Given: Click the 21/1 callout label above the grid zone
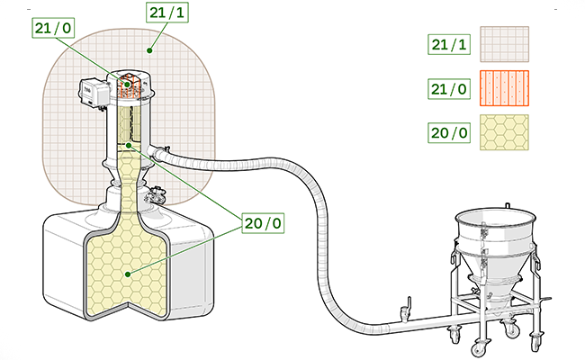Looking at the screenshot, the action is (x=167, y=13).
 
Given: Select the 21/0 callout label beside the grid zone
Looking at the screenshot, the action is (x=53, y=28).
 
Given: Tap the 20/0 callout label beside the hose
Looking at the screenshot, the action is (x=263, y=223).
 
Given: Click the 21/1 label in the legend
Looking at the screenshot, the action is (x=449, y=44).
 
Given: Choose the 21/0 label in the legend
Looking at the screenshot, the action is (x=449, y=89).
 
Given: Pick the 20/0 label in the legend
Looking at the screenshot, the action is (x=449, y=133).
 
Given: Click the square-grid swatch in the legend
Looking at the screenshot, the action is (x=504, y=44).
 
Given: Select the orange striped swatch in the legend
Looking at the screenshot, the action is (x=504, y=88).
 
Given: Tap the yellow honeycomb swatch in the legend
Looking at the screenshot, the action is (x=504, y=132).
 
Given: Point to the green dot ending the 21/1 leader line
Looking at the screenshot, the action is (x=149, y=50).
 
